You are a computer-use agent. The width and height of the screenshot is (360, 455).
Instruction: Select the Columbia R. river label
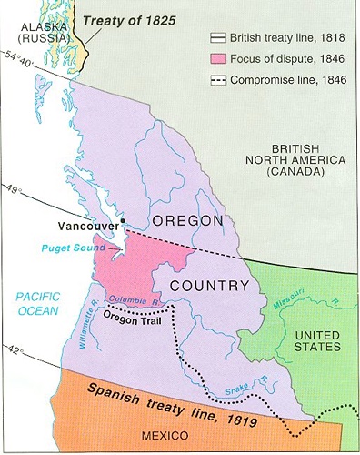coord(134,298)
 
